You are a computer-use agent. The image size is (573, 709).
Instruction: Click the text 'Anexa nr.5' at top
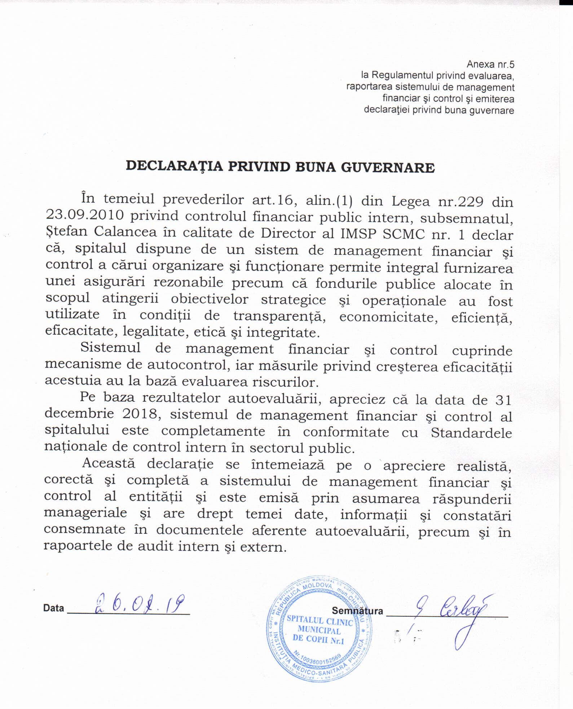[x=490, y=65]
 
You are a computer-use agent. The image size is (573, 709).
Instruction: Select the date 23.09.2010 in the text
[x=85, y=215]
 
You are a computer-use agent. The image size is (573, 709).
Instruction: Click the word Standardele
[x=471, y=432]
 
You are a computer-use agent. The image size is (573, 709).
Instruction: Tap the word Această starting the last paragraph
[x=109, y=463]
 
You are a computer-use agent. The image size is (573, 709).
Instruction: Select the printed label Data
[x=54, y=608]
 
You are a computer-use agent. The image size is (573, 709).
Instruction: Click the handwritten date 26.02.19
[x=139, y=603]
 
